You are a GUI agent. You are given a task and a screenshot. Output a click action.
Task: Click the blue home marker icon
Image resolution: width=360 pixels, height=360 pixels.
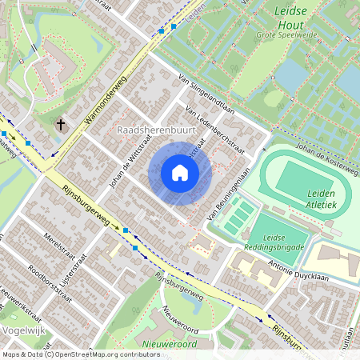(x=180, y=172)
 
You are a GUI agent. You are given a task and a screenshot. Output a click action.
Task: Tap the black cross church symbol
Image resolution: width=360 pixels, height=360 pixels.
(x=62, y=125)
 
